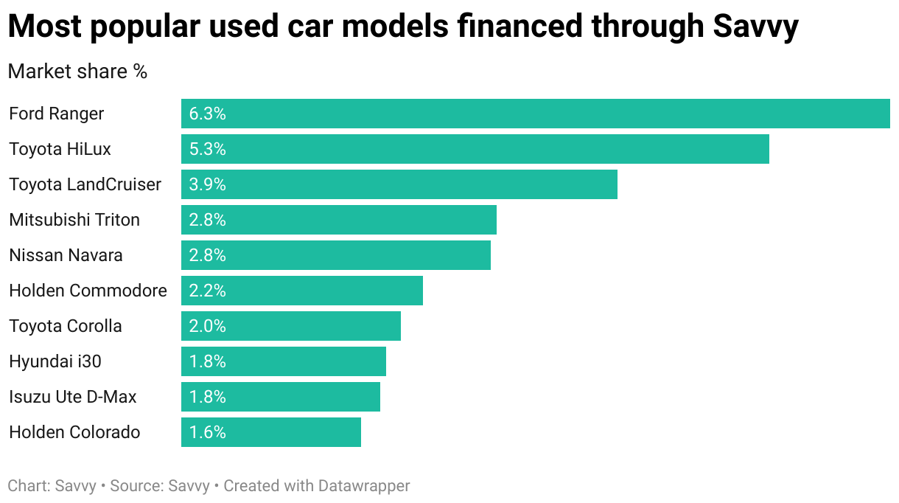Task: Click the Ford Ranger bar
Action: click(x=535, y=114)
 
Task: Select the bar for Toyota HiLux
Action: click(x=475, y=149)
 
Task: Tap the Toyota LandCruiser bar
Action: click(x=399, y=184)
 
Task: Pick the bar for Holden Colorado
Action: click(x=270, y=432)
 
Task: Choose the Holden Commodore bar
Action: click(x=301, y=291)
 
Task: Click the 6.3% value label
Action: click(x=207, y=114)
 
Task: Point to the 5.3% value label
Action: click(x=207, y=149)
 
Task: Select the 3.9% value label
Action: click(x=207, y=184)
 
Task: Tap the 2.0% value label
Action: click(x=207, y=326)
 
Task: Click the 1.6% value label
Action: click(x=207, y=432)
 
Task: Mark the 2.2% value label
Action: click(x=207, y=291)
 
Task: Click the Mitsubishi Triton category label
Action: click(x=74, y=220)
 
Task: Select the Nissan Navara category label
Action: click(x=66, y=255)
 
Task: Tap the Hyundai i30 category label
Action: click(x=55, y=361)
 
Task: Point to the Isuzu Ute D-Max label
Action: click(x=73, y=397)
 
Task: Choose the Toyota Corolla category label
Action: click(x=66, y=326)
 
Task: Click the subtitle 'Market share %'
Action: click(x=77, y=72)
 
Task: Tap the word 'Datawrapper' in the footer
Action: click(x=364, y=486)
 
